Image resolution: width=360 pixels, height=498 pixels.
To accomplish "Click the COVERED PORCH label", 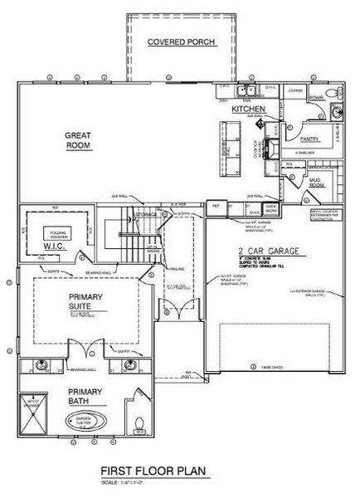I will coord(182,42).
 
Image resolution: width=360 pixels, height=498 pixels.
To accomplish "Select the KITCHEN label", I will coord(247,109).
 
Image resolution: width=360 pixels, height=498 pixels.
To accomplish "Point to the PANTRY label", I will coord(309,139).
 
